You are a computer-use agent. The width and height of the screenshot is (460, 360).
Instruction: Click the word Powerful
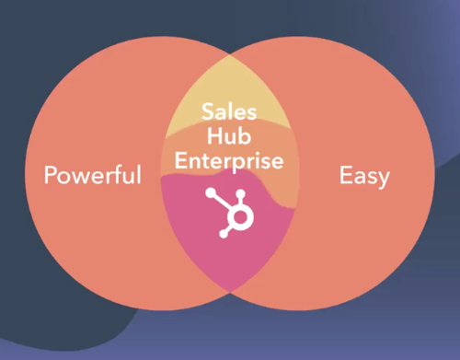[94, 175]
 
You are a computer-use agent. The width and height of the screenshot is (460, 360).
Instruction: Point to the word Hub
[229, 138]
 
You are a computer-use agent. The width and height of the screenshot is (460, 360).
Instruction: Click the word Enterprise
[229, 160]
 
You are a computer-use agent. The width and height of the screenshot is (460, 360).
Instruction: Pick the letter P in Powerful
[52, 174]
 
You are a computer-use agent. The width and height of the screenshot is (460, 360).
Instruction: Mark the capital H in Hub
[215, 138]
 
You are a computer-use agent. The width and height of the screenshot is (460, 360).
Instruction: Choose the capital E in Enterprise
[180, 160]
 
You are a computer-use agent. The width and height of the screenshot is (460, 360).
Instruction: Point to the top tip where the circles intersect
[229, 54]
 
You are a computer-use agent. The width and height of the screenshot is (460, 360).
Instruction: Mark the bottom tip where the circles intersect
[229, 294]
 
